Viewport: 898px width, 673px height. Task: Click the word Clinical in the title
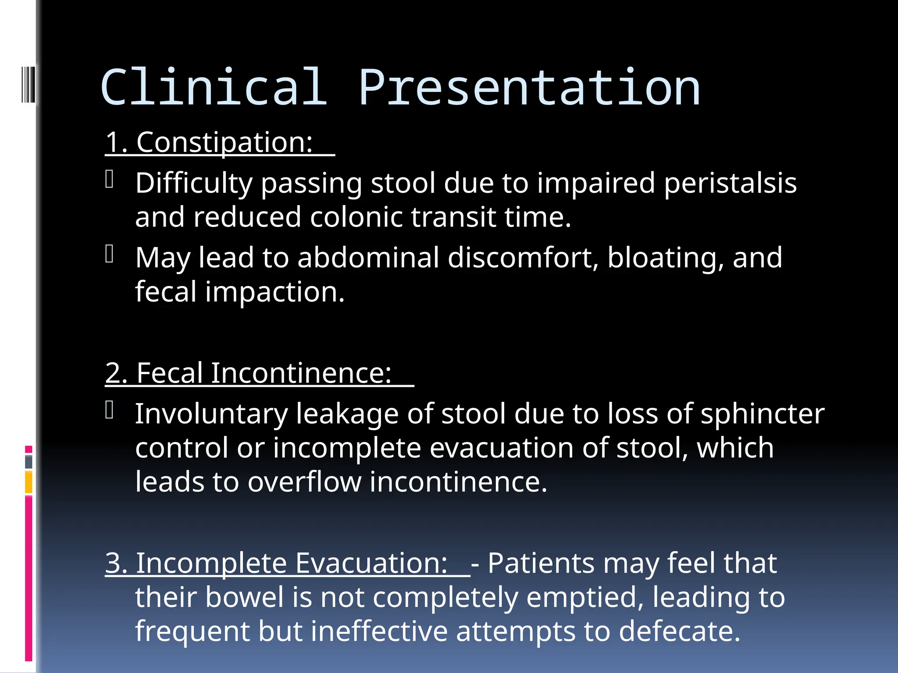tap(214, 88)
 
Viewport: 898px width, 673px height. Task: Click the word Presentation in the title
tap(529, 88)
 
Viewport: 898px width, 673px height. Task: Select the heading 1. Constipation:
tap(209, 142)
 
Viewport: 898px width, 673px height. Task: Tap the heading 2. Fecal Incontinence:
tap(248, 373)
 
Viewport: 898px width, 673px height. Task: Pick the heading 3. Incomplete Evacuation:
tap(276, 563)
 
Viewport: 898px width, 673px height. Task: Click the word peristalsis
tap(730, 183)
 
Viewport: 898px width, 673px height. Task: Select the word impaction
tap(275, 292)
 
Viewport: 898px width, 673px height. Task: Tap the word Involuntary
tap(211, 414)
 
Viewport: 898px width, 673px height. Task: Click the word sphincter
tap(762, 414)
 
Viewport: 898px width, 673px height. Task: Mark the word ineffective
tap(379, 631)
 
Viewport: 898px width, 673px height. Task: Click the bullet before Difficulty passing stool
tap(110, 179)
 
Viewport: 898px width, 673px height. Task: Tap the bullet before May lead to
tap(110, 254)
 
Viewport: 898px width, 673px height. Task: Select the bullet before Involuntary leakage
tap(110, 410)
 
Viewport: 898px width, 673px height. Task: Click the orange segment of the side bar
tap(29, 482)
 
